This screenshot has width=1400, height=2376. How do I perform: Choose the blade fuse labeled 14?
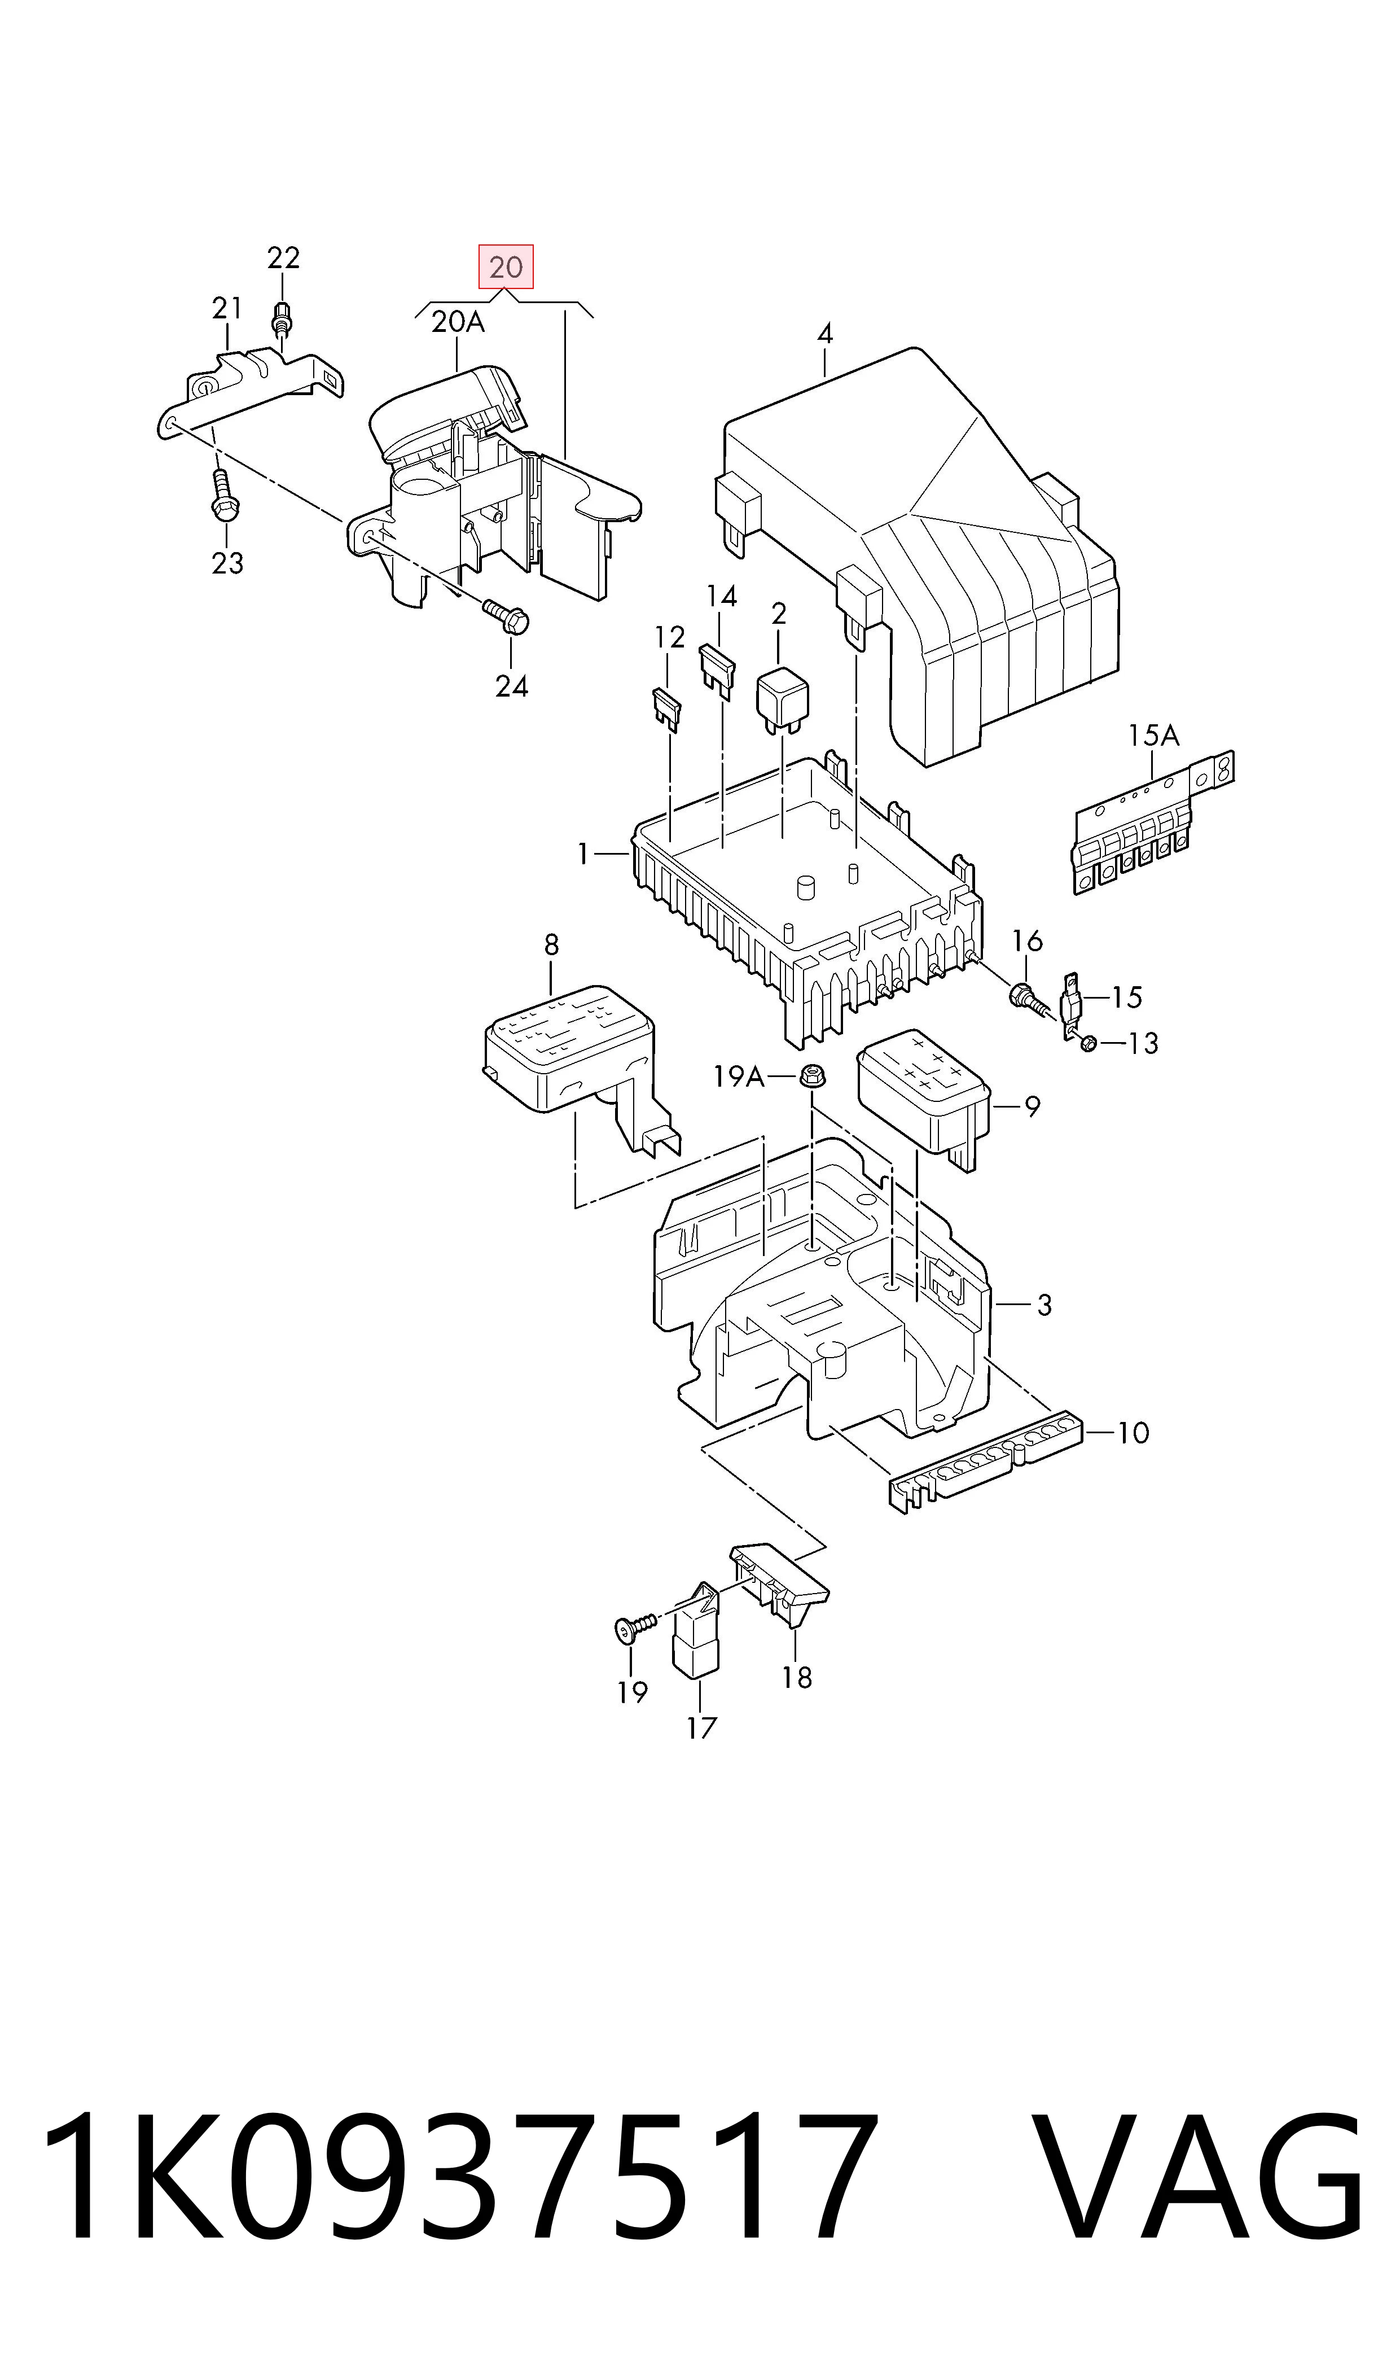[717, 670]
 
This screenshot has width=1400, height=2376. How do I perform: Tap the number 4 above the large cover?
[826, 334]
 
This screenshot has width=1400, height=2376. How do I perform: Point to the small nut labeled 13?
[1089, 1044]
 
